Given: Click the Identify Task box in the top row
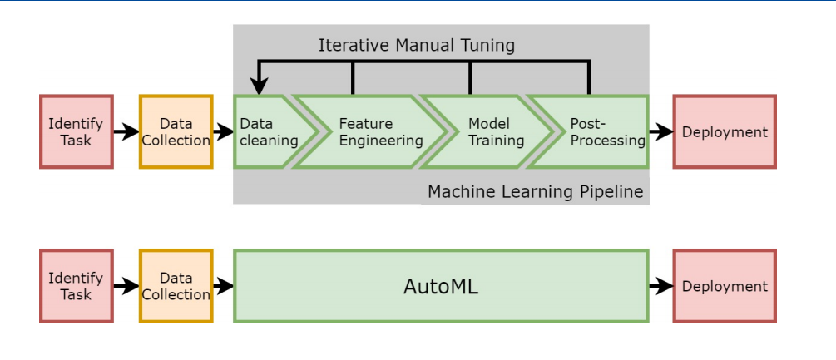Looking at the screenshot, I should coord(76,131).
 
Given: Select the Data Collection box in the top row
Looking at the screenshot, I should coord(176,131).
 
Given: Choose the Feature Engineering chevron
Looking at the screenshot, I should coord(366,132).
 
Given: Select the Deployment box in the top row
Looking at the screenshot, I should coord(724,131).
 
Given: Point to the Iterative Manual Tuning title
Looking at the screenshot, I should coord(416,45).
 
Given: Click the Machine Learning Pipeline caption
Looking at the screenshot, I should coord(535,192).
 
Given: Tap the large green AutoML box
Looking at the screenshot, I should coord(441,286).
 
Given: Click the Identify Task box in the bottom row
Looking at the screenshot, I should coord(76,286).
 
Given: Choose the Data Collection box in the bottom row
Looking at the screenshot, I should coord(176,286).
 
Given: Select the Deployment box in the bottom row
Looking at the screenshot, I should coord(724,286).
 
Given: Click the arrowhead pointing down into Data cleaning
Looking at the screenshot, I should coord(259,86).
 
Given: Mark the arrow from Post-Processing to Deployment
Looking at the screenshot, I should coord(660,131).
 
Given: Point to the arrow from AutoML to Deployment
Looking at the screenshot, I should coord(660,286).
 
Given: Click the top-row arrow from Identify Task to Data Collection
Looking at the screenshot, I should coord(126,131).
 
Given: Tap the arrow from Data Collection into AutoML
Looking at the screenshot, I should coord(223,286).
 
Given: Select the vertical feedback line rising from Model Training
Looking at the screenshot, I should coord(471,78).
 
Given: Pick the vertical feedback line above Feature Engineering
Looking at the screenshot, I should coord(353,78).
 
